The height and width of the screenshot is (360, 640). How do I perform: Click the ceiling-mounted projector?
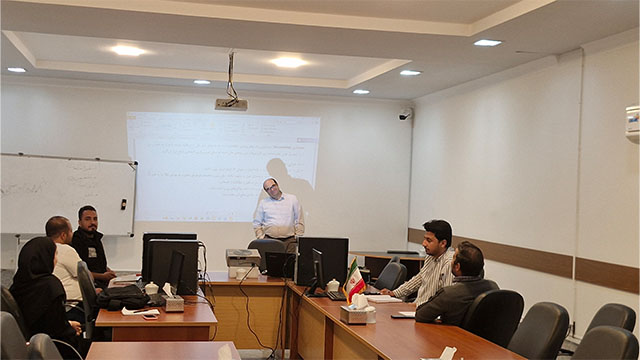pyautogui.click(x=231, y=103)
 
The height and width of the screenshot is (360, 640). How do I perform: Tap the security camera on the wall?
pyautogui.click(x=404, y=115)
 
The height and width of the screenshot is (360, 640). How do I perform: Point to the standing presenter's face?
pyautogui.click(x=271, y=187)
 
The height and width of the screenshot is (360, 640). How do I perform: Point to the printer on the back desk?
pyautogui.click(x=243, y=259)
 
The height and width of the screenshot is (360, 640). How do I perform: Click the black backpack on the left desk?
pyautogui.click(x=123, y=296)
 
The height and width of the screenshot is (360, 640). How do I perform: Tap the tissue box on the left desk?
pyautogui.click(x=174, y=302)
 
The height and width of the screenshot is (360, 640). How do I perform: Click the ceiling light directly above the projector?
pyautogui.click(x=288, y=62)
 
